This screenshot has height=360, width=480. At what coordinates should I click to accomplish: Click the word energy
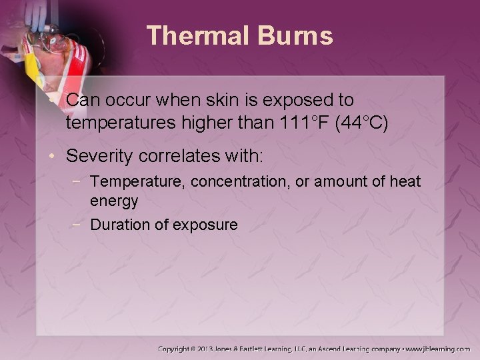pos(114,200)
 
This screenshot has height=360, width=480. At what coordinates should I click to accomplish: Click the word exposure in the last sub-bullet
pos(206,225)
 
